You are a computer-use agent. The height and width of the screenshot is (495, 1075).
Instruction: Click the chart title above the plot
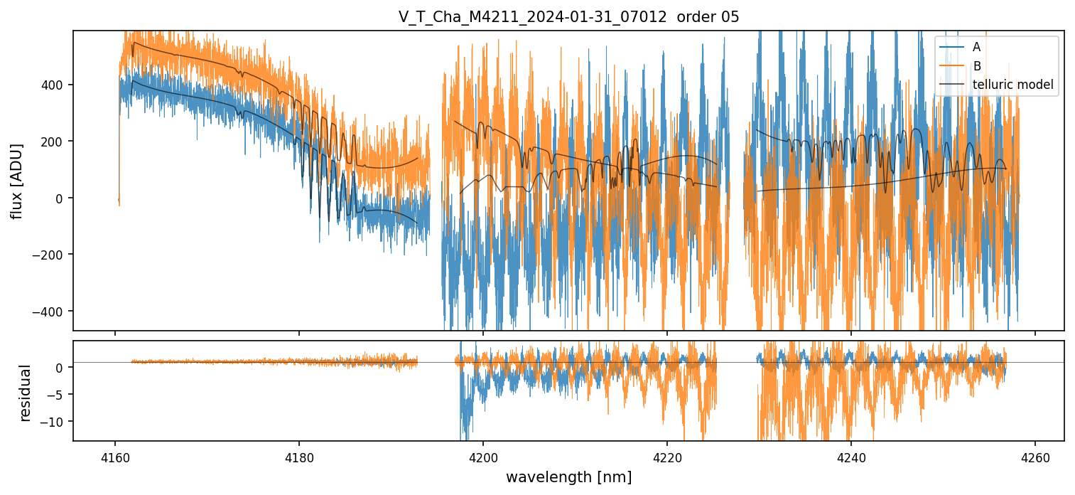click(568, 17)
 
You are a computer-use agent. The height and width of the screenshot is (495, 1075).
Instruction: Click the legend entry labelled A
click(976, 47)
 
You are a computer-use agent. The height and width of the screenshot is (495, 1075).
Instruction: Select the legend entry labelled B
click(976, 66)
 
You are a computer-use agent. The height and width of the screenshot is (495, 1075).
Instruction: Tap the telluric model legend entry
click(1012, 85)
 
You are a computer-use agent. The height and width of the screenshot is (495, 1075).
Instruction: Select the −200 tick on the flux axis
click(53, 255)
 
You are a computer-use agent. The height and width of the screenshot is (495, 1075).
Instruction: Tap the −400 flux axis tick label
click(53, 312)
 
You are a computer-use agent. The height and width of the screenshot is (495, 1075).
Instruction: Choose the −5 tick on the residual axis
click(60, 395)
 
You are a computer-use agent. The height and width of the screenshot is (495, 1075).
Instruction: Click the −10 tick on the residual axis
click(57, 422)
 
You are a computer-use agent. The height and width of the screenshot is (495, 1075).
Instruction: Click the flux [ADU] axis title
click(16, 181)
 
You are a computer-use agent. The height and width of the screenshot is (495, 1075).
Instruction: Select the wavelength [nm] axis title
click(568, 477)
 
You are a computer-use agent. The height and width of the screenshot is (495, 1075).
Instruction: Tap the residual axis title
click(26, 392)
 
